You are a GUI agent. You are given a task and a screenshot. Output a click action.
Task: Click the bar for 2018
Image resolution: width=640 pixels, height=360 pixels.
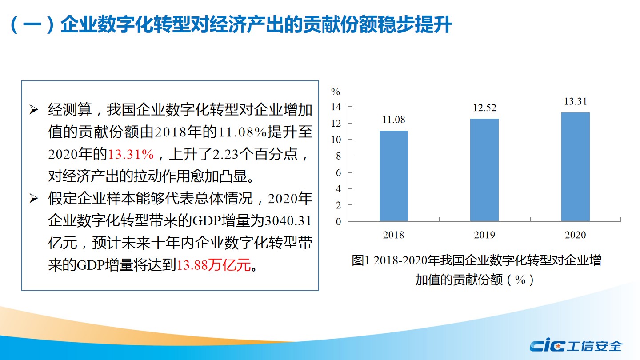pyautogui.click(x=393, y=176)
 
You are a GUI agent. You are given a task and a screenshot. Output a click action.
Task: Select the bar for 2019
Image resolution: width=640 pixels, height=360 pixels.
pyautogui.click(x=484, y=170)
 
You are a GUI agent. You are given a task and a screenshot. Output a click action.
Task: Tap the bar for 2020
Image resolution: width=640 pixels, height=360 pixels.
pyautogui.click(x=575, y=167)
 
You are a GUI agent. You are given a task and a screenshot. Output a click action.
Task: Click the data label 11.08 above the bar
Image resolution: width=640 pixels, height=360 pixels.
pyautogui.click(x=393, y=120)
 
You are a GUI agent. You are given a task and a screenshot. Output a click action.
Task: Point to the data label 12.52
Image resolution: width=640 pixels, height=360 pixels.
pyautogui.click(x=484, y=108)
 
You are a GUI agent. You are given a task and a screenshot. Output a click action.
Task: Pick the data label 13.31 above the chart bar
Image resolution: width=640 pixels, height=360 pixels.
pyautogui.click(x=575, y=101)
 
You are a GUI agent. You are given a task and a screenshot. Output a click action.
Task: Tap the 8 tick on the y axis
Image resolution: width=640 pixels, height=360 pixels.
pyautogui.click(x=338, y=156)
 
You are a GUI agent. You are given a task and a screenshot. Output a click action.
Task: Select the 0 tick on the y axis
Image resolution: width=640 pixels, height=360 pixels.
pyautogui.click(x=338, y=222)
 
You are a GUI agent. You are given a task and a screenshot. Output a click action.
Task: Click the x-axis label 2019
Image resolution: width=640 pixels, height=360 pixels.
pyautogui.click(x=484, y=235)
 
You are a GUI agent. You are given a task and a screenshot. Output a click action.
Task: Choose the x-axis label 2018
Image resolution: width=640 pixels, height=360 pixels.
pyautogui.click(x=393, y=235)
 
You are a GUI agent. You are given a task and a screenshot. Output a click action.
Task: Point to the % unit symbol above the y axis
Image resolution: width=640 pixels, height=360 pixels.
pyautogui.click(x=336, y=92)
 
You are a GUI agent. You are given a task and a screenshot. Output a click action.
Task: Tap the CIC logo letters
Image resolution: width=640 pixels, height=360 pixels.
pyautogui.click(x=547, y=345)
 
